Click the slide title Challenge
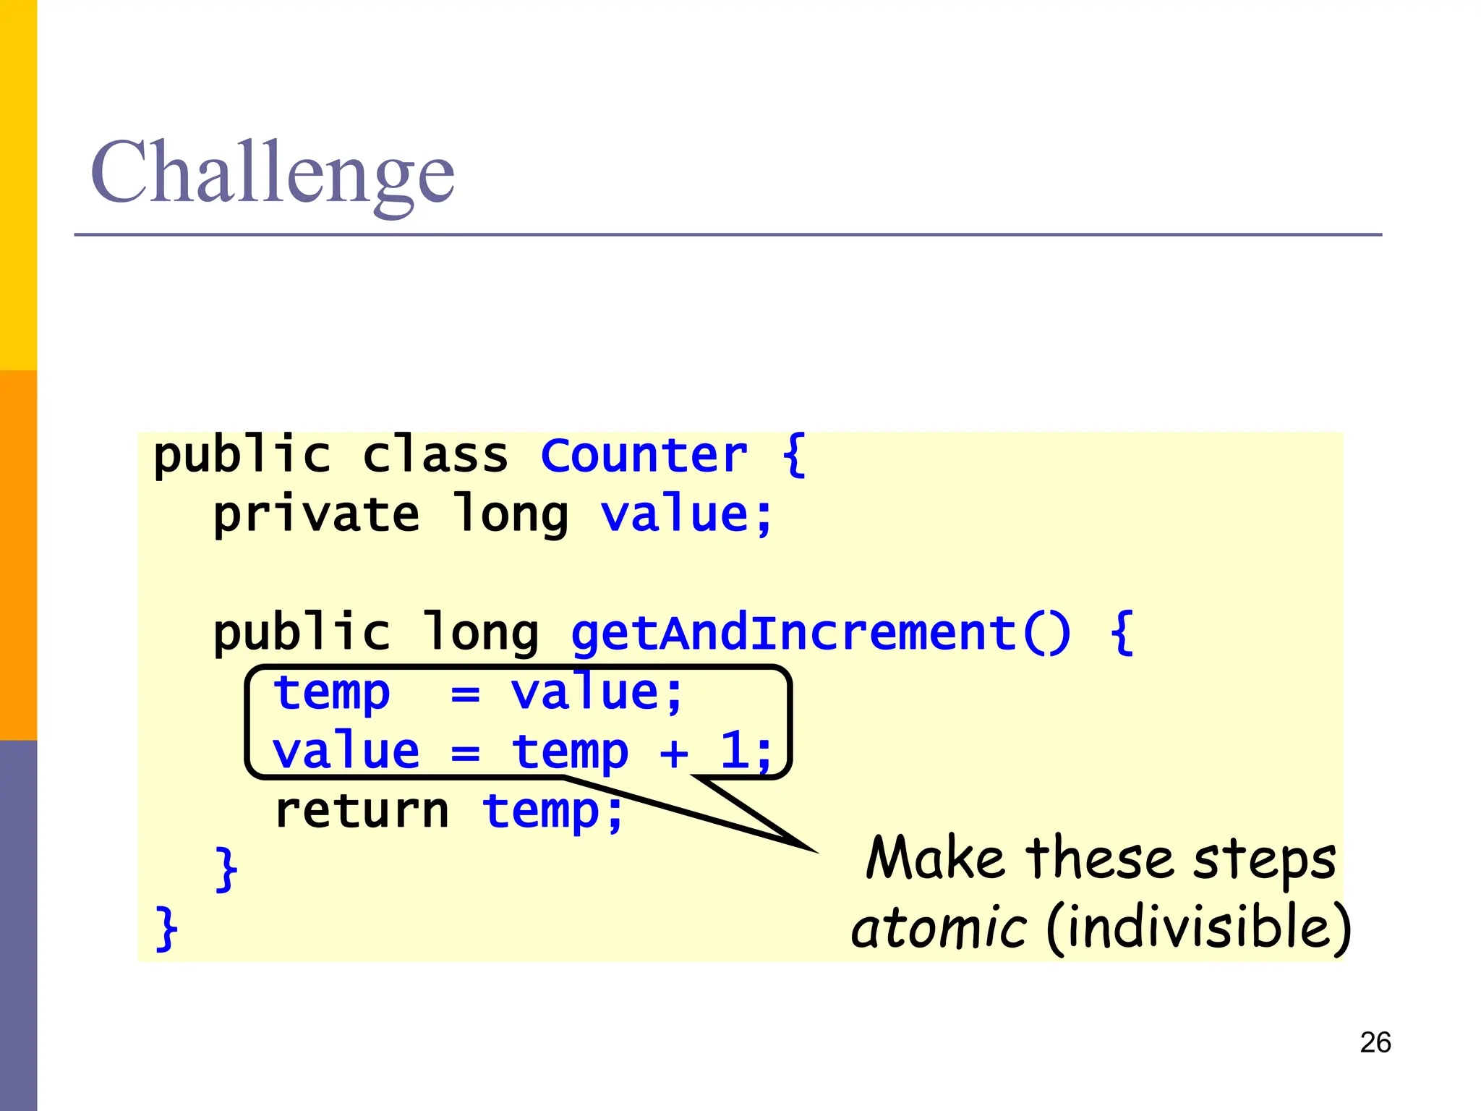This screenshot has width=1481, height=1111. pyautogui.click(x=272, y=174)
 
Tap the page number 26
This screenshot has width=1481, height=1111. pyautogui.click(x=1375, y=1042)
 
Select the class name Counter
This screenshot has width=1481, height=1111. pyautogui.click(x=644, y=455)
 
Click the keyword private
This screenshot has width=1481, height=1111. pyautogui.click(x=316, y=515)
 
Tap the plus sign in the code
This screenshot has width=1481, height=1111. pyautogui.click(x=674, y=753)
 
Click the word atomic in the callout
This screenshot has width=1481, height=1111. pyautogui.click(x=938, y=928)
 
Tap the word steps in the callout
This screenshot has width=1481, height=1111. pyautogui.click(x=1264, y=861)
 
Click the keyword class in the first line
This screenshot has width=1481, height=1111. pyautogui.click(x=435, y=455)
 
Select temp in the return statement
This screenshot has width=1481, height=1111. pyautogui.click(x=541, y=812)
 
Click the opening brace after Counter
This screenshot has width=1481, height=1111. pyautogui.click(x=794, y=455)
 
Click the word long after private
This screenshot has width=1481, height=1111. pyautogui.click(x=510, y=515)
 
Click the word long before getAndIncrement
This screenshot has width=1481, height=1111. pyautogui.click(x=481, y=632)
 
